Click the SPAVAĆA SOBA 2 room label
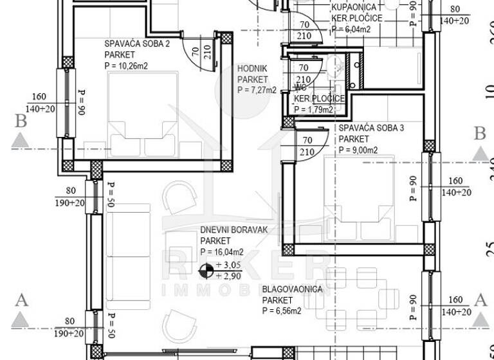tap(137, 44)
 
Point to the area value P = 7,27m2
tap(257, 90)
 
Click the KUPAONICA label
tap(354, 7)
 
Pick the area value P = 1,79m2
tap(313, 109)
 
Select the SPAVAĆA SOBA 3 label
tap(371, 129)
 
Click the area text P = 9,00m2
tap(358, 150)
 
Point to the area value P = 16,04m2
tap(222, 251)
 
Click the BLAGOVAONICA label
tap(292, 290)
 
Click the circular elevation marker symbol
tap(206, 271)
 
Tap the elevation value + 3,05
tap(228, 265)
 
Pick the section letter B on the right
tap(479, 134)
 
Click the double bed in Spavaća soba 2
tap(143, 114)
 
